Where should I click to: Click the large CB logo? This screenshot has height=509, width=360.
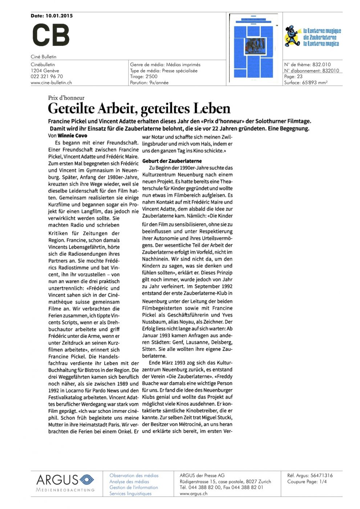click(51, 35)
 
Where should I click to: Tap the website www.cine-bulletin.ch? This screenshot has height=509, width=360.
click(51, 83)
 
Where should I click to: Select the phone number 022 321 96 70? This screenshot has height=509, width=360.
click(47, 76)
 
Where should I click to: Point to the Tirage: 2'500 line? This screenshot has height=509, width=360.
click(144, 76)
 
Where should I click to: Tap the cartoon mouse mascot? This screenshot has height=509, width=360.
click(292, 36)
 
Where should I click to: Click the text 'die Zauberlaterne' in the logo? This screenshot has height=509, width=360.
click(320, 37)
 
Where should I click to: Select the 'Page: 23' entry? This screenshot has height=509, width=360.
click(293, 76)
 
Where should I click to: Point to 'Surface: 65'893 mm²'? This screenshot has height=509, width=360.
click(306, 83)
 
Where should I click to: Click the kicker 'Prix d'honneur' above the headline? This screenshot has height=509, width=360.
click(66, 98)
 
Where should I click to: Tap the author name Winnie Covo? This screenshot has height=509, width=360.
click(72, 136)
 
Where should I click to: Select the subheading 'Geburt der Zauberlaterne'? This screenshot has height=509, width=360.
click(172, 161)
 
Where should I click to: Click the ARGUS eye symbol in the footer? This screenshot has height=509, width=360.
click(86, 480)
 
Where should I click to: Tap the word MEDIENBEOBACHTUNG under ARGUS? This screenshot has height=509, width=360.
click(65, 490)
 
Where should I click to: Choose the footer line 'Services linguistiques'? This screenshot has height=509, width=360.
click(130, 493)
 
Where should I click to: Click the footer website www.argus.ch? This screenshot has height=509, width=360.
click(193, 493)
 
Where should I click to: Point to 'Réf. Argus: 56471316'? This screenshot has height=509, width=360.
click(310, 475)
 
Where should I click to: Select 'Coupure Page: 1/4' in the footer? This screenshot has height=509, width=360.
click(307, 481)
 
